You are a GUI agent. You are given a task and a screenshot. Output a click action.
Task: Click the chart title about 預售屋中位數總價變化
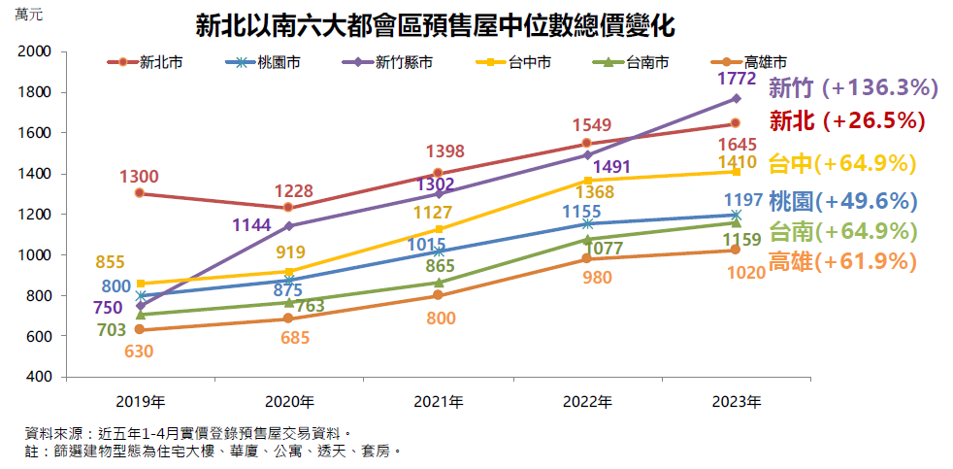coord(435,25)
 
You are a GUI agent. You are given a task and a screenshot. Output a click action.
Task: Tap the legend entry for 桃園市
coord(267,62)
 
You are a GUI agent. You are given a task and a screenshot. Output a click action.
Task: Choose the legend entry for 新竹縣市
coord(388,62)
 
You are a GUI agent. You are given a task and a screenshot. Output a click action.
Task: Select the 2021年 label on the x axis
coord(438,401)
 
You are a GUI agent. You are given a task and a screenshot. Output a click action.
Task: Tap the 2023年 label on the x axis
coord(736,401)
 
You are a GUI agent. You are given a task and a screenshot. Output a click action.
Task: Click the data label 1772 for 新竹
coord(736,77)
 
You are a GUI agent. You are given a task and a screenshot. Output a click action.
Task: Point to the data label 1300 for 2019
coord(140,177)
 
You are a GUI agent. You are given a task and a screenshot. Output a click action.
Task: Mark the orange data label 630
coord(140,352)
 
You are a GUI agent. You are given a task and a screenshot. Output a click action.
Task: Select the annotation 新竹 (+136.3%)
coord(852,88)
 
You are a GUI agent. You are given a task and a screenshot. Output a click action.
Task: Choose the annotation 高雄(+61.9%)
coord(842,261)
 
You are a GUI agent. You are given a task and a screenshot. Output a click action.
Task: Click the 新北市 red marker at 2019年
coord(140,193)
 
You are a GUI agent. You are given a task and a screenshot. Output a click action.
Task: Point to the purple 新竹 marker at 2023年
coord(736,98)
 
